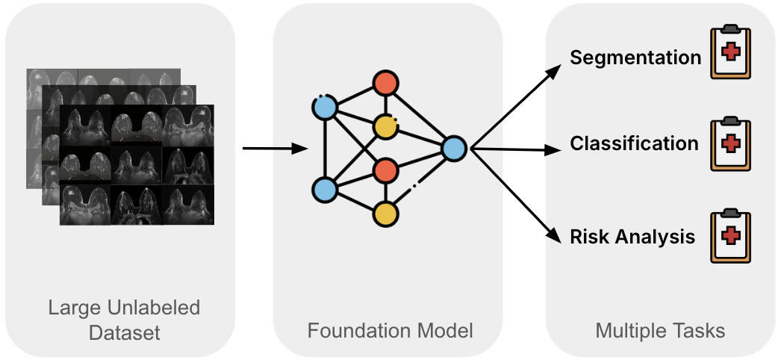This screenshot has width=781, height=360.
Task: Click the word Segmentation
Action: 635,58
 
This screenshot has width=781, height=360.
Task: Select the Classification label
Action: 634,143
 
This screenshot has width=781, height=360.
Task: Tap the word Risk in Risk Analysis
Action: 587,238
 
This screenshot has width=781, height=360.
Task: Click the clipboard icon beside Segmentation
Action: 730,52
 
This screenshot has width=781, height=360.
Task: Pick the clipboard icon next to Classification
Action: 730,143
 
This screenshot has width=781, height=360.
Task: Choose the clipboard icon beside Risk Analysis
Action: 730,237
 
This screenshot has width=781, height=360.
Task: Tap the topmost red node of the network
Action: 385,82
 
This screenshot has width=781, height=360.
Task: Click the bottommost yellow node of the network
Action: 385,214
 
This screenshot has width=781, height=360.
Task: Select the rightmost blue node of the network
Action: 454,149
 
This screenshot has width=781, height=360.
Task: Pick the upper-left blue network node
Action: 325,108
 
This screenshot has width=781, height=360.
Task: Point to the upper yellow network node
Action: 385,127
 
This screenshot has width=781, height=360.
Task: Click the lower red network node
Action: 385,170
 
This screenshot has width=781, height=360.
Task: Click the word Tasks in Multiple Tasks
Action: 700,330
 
